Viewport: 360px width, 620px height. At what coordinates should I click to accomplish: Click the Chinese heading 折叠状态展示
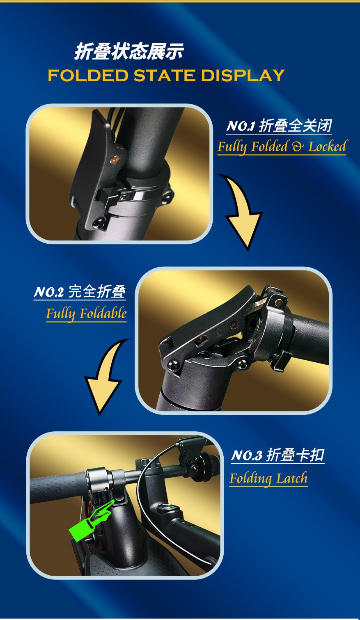[129, 51]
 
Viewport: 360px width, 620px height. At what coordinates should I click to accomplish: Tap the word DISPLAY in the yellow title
[243, 75]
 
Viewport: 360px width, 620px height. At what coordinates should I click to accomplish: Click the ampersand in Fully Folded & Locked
[298, 146]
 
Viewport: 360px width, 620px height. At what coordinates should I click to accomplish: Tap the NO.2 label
[49, 292]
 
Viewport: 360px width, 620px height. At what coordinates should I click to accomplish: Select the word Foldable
[103, 313]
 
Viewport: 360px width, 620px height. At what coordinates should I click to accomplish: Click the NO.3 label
[247, 455]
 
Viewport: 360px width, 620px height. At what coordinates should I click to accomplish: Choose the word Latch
[292, 478]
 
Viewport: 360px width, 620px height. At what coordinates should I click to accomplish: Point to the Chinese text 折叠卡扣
[295, 455]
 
